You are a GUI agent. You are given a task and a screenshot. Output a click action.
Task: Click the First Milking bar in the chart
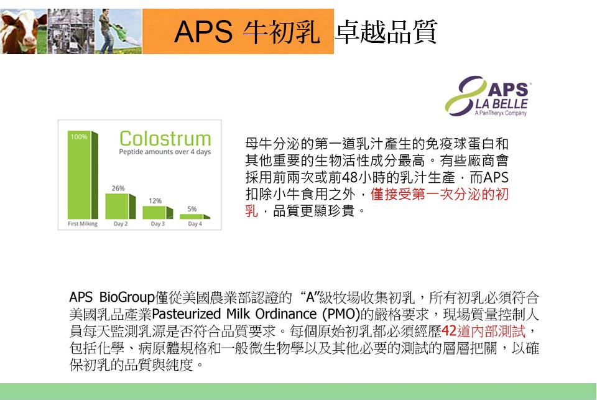tap(83, 175)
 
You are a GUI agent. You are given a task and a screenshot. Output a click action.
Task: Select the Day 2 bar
tap(120, 206)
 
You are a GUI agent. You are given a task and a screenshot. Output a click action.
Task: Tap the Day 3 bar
tap(157, 213)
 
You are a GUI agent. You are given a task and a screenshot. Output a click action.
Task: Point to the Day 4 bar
tap(195, 216)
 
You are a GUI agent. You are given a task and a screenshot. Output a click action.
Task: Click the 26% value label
tap(118, 188)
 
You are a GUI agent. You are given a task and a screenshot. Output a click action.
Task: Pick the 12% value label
tap(155, 201)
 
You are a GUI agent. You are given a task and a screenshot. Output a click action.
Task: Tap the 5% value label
tap(192, 209)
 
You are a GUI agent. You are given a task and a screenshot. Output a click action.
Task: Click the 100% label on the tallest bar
tap(79, 137)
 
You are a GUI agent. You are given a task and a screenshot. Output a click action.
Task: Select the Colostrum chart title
tap(165, 138)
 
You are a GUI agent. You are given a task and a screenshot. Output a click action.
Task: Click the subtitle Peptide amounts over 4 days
tap(165, 152)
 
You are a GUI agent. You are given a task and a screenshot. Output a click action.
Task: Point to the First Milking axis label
tap(83, 223)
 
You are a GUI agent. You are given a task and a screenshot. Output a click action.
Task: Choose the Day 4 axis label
tap(195, 223)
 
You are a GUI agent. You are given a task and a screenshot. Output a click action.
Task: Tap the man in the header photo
tap(108, 31)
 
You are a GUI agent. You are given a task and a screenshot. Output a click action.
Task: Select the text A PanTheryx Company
tap(501, 113)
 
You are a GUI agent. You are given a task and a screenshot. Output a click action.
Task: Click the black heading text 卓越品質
tap(386, 32)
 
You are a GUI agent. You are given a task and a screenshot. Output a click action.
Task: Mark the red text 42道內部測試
tap(484, 331)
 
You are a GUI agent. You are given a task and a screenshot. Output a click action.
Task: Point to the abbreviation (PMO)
tap(341, 314)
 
